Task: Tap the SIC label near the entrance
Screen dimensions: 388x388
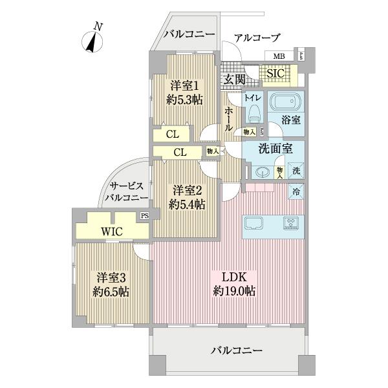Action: click(x=275, y=74)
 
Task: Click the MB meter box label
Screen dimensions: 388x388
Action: click(x=279, y=56)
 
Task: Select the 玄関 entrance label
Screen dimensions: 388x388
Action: click(x=235, y=80)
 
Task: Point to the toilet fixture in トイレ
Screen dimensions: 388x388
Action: click(x=253, y=111)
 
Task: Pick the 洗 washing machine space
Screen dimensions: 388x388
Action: click(x=296, y=171)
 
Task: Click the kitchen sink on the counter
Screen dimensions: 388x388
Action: click(x=253, y=224)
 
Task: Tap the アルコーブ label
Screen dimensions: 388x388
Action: click(x=257, y=38)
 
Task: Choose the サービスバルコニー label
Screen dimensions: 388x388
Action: click(x=127, y=191)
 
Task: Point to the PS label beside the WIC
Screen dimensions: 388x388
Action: click(x=144, y=216)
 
